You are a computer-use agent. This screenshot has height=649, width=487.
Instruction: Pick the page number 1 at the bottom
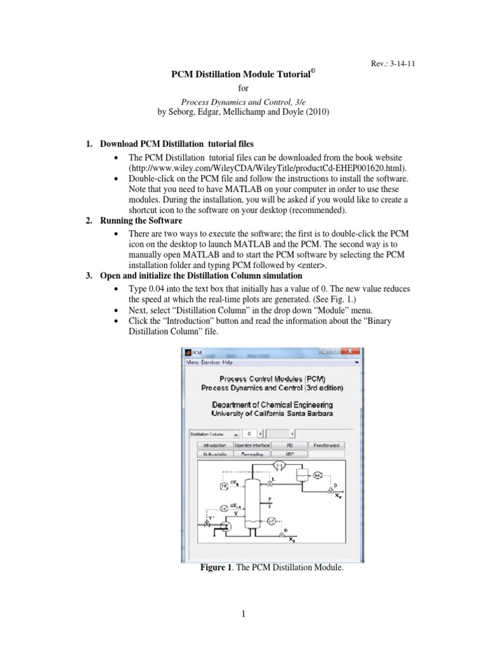point(243,614)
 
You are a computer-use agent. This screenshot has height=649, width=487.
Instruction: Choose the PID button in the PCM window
point(291,446)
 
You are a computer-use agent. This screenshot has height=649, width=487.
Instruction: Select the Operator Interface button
point(253,446)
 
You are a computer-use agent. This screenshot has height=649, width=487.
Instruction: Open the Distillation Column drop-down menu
point(214,434)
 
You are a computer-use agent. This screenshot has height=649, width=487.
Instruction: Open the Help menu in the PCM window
point(228,363)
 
